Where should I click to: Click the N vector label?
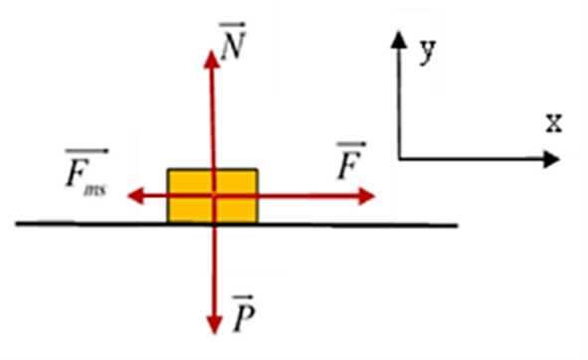(233, 41)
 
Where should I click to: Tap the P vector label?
(244, 313)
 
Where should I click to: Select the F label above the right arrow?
(351, 160)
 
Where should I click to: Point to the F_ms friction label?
(87, 173)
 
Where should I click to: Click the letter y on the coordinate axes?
(428, 52)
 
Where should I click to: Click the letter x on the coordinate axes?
(554, 123)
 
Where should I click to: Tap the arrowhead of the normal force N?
(212, 60)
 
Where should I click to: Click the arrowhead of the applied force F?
(366, 196)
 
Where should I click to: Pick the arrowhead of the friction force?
(135, 196)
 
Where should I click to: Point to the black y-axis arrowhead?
(399, 40)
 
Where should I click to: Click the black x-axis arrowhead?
(551, 159)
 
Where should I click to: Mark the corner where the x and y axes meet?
(400, 159)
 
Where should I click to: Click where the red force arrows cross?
(214, 196)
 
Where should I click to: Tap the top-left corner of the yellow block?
(168, 170)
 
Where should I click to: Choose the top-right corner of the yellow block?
(258, 170)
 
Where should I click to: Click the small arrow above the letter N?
(233, 26)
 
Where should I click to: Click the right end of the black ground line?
(458, 226)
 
